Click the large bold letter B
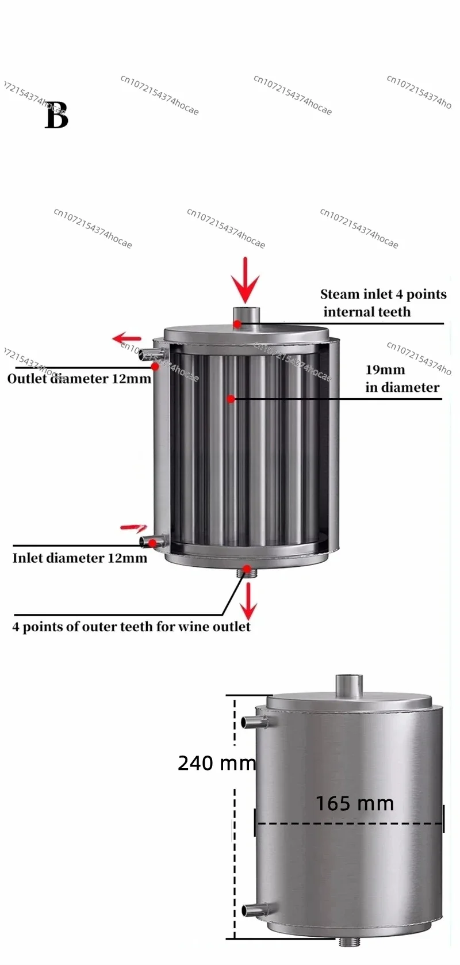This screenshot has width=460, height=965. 57,116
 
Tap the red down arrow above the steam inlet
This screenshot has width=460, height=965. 246,280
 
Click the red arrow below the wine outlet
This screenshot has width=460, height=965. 248,601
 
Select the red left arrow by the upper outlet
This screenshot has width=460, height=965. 126,338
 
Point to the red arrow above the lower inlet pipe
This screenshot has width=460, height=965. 133,527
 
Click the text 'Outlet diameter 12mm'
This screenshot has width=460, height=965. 79,379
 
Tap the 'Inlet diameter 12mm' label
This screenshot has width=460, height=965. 79,558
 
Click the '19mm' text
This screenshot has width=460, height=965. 385,369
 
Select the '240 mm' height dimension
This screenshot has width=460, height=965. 217,763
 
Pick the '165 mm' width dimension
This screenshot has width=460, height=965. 355,803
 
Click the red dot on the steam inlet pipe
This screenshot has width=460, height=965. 237,323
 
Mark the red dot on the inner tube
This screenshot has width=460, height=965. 231,399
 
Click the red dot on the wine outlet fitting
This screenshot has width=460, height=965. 247,570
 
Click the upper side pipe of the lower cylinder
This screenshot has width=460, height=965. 255,722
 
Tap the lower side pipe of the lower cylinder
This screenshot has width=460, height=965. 255,909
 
